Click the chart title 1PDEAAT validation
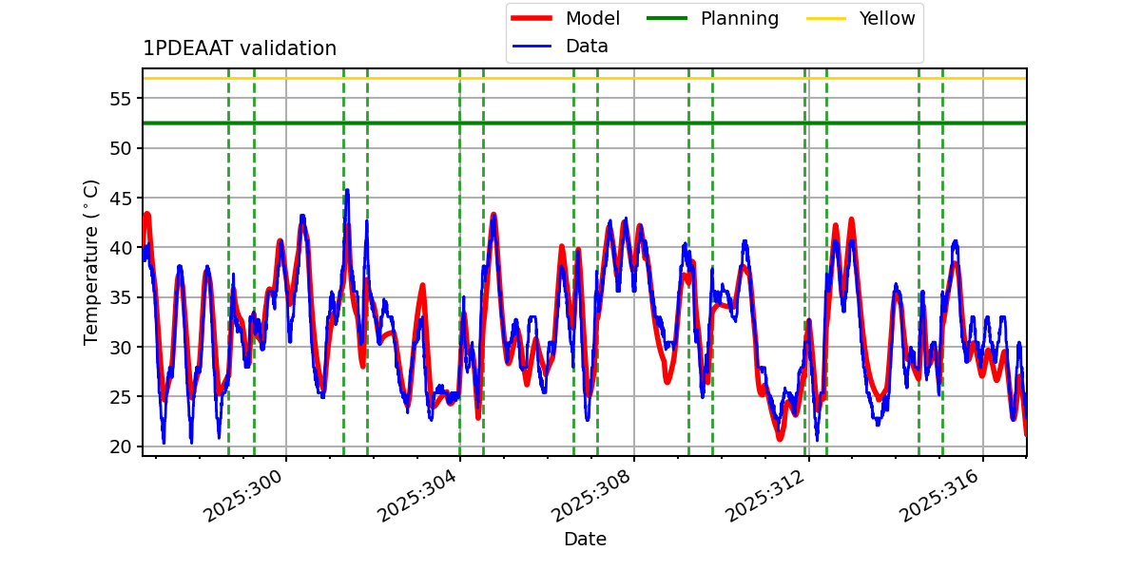coord(240,48)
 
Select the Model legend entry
coord(592,18)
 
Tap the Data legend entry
coord(587,46)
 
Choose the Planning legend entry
coord(739,18)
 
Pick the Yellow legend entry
coord(886,18)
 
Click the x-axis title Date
coord(585,540)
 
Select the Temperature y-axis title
coord(91,261)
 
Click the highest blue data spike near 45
coord(347,191)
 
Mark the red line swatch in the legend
coord(533,18)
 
